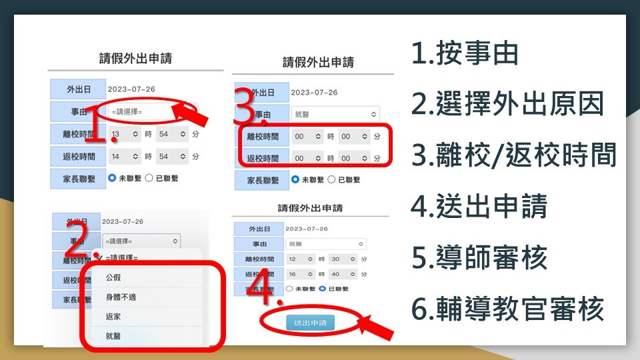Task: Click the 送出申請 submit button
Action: pos(310,323)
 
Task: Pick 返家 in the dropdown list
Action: pos(113,317)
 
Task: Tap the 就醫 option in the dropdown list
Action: pos(113,337)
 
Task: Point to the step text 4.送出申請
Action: pos(479,207)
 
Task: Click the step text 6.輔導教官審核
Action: pos(508,309)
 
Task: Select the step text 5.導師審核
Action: pos(479,258)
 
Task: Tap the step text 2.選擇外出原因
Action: pos(508,105)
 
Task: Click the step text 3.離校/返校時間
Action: pos(513,156)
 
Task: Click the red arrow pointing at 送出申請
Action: pos(376,327)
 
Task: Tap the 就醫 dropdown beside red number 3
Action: pos(335,114)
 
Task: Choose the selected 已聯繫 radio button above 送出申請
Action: pos(322,289)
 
